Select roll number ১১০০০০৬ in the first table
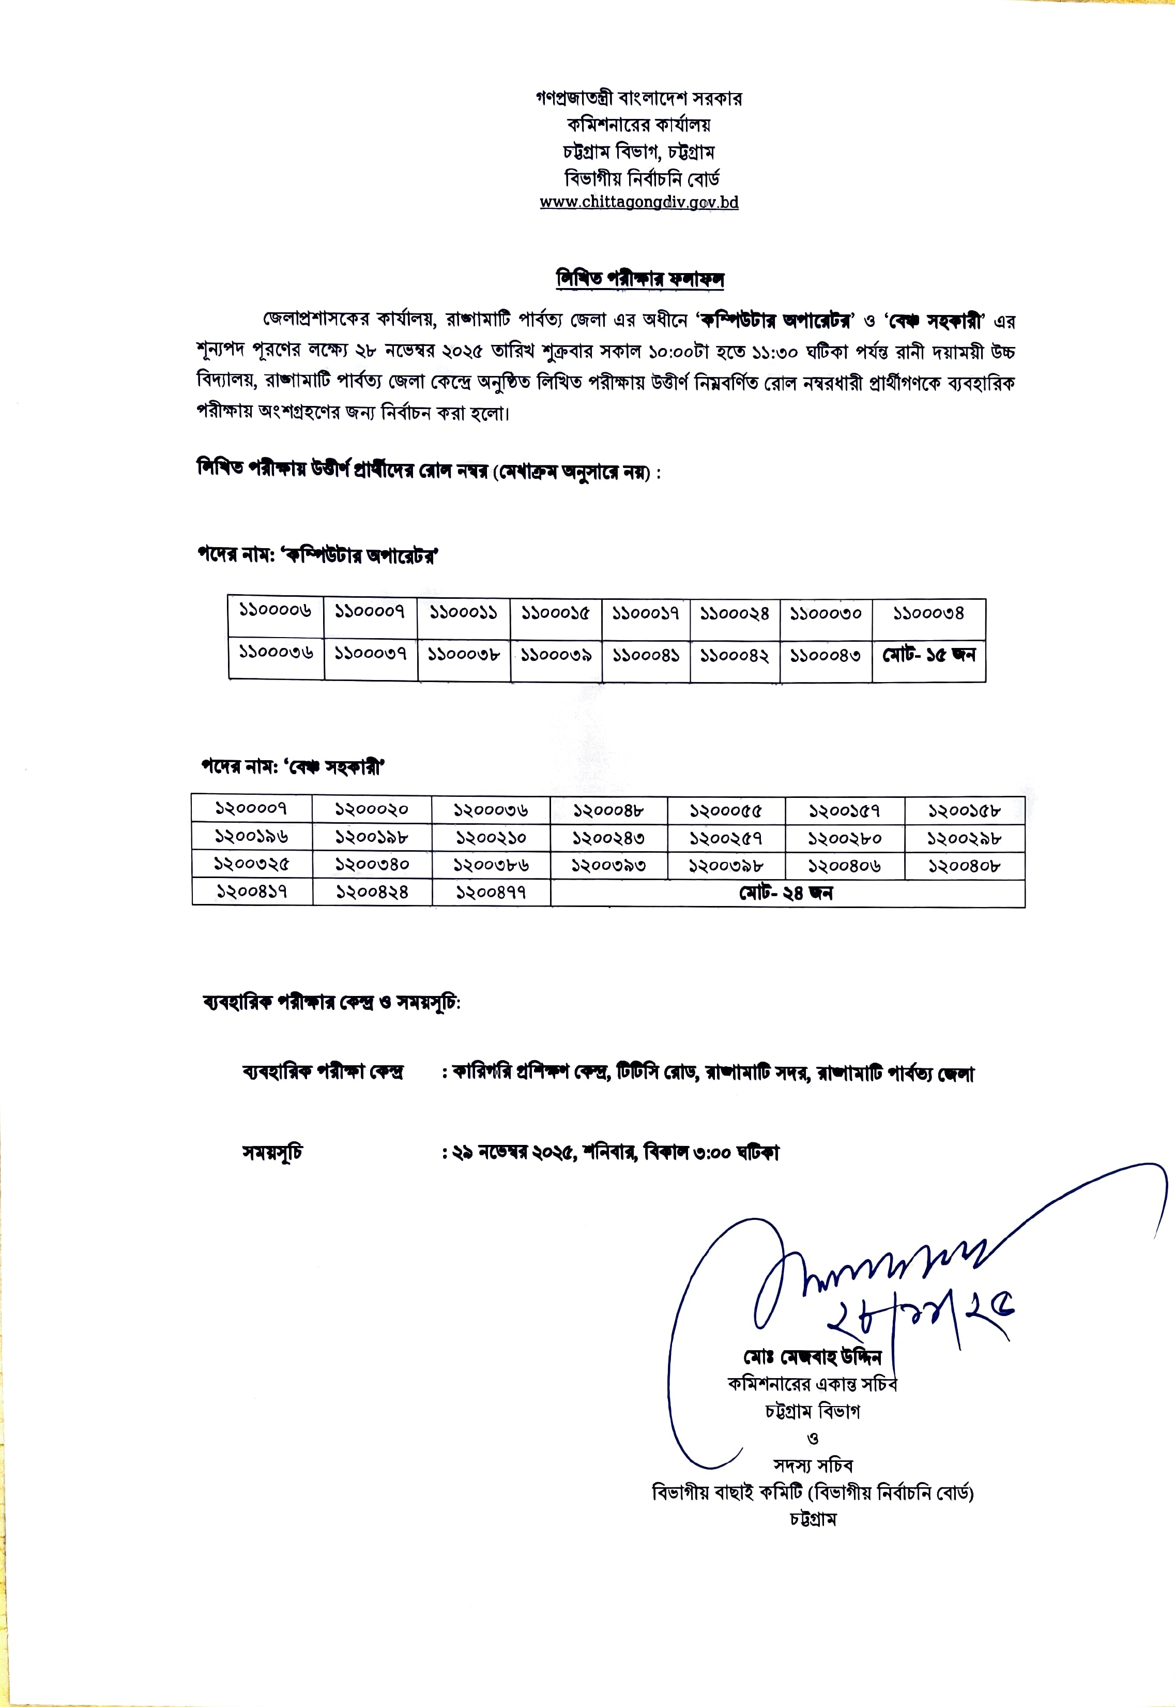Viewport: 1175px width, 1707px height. tap(276, 611)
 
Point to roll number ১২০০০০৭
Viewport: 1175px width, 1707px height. tap(251, 809)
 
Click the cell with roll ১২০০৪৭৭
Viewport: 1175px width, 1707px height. tap(491, 893)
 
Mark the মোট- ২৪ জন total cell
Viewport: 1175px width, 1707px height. tap(786, 893)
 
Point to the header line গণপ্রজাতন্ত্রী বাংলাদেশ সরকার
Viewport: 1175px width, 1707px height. tap(638, 98)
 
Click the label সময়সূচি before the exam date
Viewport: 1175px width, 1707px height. tap(272, 1152)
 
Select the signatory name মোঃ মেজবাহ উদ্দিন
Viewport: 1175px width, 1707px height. tap(811, 1356)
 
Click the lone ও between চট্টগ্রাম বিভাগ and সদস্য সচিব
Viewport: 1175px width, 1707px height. tap(813, 1438)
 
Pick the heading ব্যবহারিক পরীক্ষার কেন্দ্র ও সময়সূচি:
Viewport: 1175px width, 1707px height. tap(331, 1002)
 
